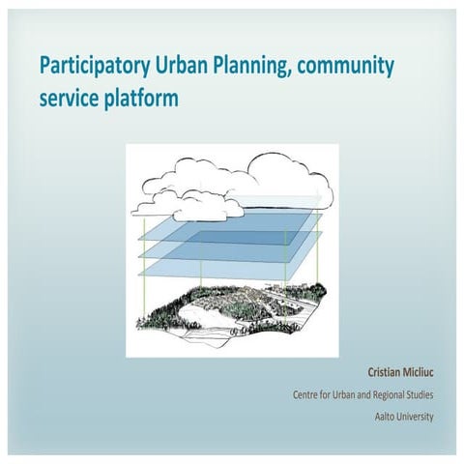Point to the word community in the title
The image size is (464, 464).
(351, 68)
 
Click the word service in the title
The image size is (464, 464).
(68, 99)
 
